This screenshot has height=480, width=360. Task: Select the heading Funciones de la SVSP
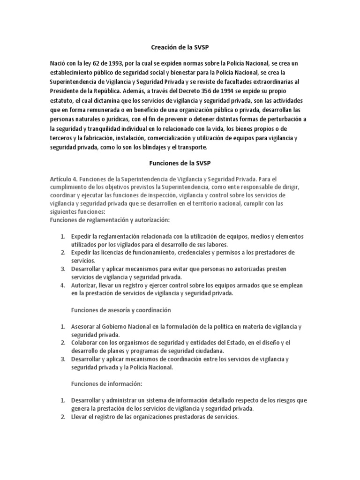point(180,163)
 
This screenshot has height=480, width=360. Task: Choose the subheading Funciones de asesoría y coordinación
point(121,310)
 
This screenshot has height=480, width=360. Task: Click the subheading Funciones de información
point(107,383)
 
